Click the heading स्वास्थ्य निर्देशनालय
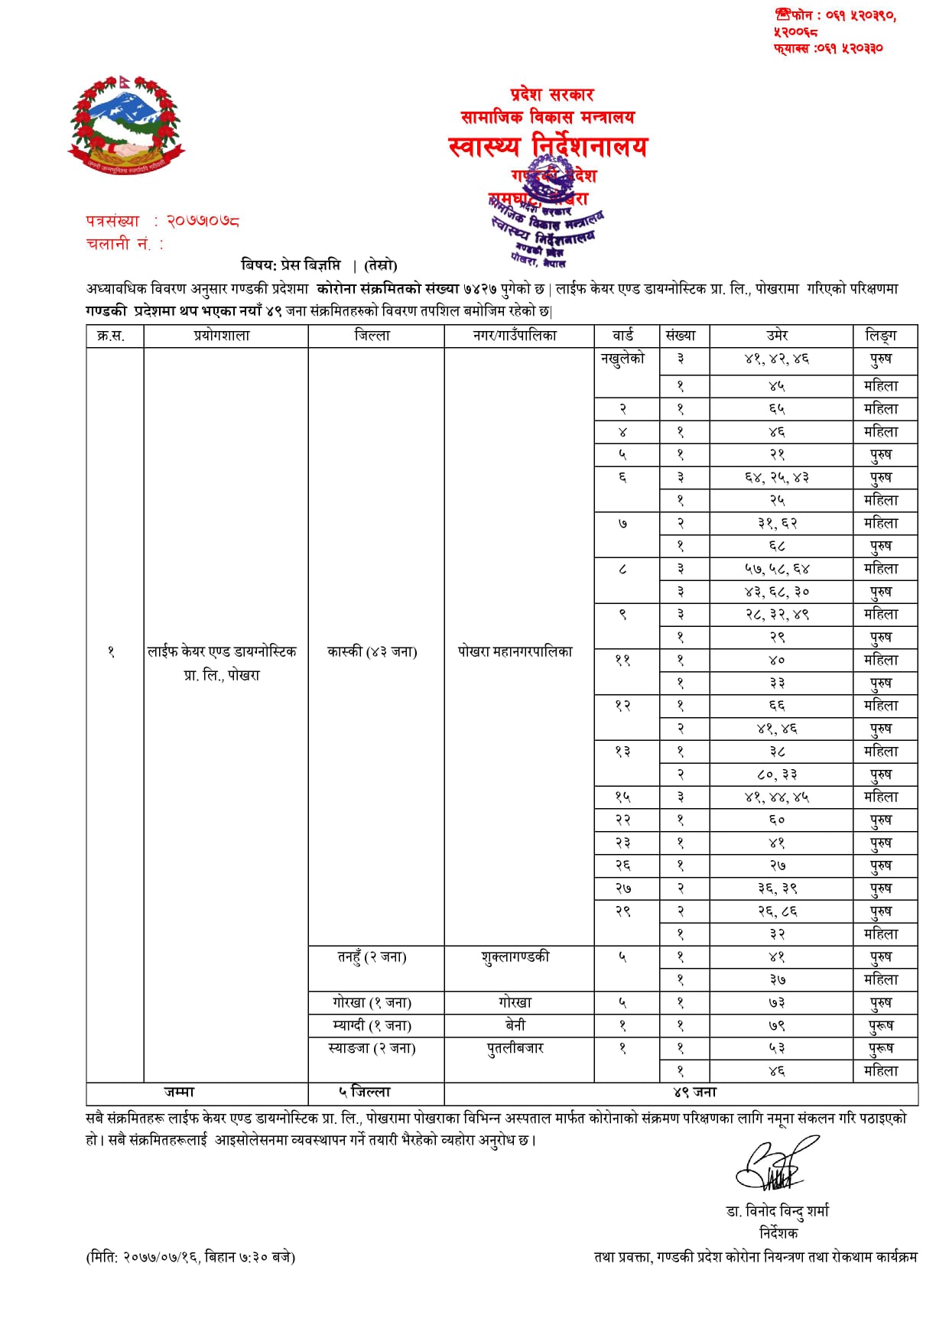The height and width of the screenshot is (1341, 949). click(548, 146)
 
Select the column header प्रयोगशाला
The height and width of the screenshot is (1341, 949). click(222, 336)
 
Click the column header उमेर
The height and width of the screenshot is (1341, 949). click(777, 336)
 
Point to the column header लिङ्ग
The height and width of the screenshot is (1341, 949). click(881, 336)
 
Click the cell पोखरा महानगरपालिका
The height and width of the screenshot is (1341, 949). click(515, 652)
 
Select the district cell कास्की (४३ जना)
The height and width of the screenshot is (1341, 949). click(372, 652)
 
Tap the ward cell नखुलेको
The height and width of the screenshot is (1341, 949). click(622, 359)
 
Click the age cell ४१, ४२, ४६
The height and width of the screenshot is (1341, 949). click(777, 359)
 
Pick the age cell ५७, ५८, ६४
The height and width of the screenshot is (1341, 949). click(777, 569)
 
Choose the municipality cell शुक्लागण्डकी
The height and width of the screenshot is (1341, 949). click(515, 957)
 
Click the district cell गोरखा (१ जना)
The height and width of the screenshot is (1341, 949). click(372, 1003)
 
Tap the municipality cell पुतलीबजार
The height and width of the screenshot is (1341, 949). click(515, 1048)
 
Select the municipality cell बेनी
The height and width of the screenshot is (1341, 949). click(515, 1025)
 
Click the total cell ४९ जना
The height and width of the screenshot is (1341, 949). click(695, 1093)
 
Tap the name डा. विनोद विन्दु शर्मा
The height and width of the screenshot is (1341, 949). click(778, 1211)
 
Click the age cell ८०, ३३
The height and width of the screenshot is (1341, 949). click(777, 774)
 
